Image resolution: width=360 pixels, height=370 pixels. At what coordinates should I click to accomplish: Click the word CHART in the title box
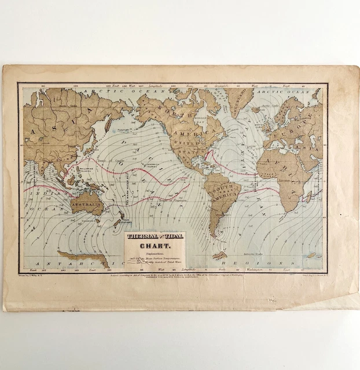tap(155, 245)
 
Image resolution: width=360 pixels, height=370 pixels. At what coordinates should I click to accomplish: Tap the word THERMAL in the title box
tap(141, 236)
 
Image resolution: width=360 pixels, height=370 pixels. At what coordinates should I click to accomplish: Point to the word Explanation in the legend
tap(154, 253)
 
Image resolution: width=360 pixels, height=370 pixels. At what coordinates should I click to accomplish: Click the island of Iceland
tap(254, 110)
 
